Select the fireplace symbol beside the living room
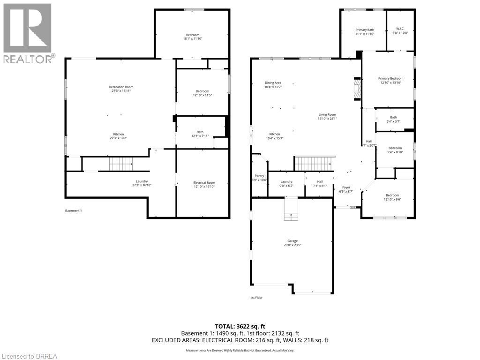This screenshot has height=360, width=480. tap(358, 89)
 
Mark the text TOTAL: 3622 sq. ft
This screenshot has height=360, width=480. tap(240, 326)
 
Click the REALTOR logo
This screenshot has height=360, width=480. tap(28, 33)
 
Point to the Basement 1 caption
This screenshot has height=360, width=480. tap(73, 210)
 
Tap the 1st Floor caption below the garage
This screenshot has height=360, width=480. tap(256, 297)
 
